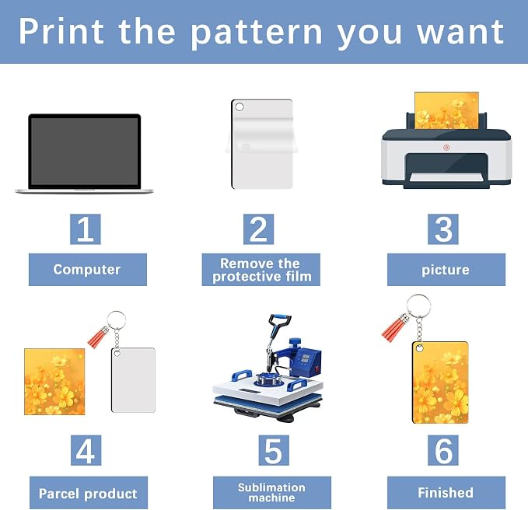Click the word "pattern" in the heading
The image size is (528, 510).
coord(257,33)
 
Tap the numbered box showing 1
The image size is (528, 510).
coord(86,229)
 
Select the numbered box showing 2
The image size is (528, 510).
coord(259,229)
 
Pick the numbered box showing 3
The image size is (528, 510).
coord(443,229)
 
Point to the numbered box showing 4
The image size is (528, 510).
coord(86,450)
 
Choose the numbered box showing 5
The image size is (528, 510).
coord(274,450)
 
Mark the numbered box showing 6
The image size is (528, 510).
coord(443,450)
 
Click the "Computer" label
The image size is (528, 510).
coord(88,270)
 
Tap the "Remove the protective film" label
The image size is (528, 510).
coord(261,270)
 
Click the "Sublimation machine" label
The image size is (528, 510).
coord(272,492)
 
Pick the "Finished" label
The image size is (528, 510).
coord(446,492)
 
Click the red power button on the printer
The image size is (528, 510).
coord(446,148)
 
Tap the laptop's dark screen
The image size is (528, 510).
coord(84,151)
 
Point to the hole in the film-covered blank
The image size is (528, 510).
coord(240,107)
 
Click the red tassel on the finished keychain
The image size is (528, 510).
coord(395,329)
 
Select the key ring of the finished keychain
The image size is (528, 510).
coord(418,306)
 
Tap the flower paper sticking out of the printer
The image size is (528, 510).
coord(446,110)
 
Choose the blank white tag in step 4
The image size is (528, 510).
coord(133,380)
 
